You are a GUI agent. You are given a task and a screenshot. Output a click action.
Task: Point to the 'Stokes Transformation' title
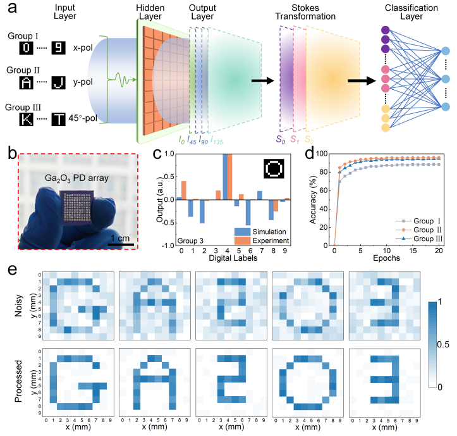coord(319,12)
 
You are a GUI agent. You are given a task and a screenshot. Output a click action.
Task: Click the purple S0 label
coord(279,138)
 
